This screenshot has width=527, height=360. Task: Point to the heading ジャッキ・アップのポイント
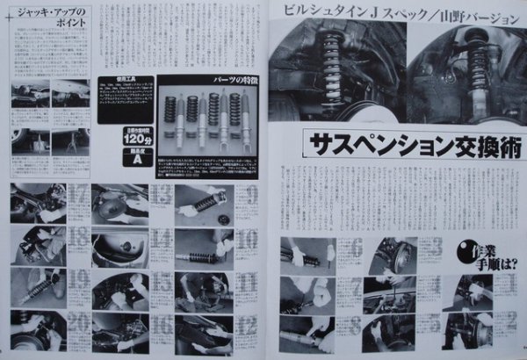tap(52, 19)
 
